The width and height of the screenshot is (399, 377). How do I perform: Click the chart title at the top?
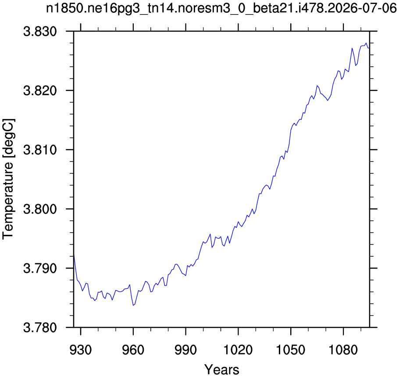point(221,8)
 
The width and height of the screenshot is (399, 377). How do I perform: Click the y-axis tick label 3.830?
point(40,32)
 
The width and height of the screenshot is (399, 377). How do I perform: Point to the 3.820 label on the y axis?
point(40,90)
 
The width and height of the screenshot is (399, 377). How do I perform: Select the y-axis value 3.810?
point(40,150)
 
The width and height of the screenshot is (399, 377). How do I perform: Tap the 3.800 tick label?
point(40,209)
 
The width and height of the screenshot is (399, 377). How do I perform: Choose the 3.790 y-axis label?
point(40,268)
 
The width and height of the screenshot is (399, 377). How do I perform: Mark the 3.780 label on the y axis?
point(40,327)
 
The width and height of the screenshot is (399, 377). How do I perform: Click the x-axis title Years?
point(222,370)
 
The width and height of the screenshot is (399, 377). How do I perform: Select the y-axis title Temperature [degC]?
point(8,179)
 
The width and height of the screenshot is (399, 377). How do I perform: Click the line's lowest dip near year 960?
point(133,305)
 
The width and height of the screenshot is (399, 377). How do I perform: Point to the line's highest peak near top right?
point(366,43)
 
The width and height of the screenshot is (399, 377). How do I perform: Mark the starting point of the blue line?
point(74,255)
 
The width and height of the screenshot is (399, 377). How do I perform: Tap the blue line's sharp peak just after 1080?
point(352,48)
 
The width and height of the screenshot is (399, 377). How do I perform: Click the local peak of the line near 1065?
point(317,86)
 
